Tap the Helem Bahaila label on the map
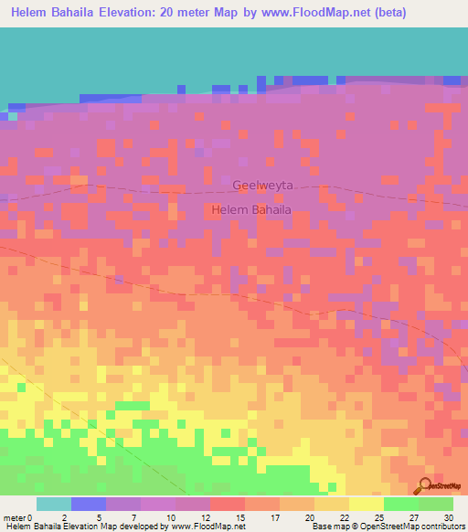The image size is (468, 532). pyautogui.click(x=251, y=210)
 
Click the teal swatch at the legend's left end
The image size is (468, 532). pyautogui.click(x=54, y=504)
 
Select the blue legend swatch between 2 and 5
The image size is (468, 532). pyautogui.click(x=89, y=504)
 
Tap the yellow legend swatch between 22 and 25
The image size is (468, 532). pyautogui.click(x=367, y=504)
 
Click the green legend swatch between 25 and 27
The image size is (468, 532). pyautogui.click(x=401, y=504)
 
